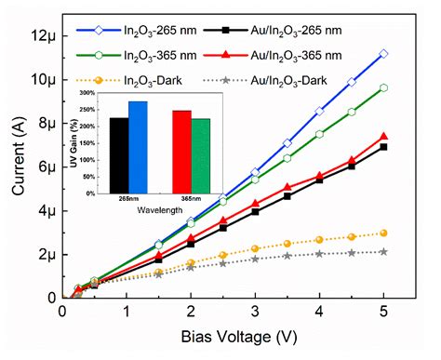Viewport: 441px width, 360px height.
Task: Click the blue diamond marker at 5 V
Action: [x=383, y=54]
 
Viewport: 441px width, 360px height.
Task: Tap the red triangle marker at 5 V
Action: [x=383, y=137]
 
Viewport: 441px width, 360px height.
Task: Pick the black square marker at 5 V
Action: [x=383, y=147]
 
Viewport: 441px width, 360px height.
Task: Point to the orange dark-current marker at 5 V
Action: [x=383, y=233]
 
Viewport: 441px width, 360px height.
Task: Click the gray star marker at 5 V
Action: [x=383, y=251]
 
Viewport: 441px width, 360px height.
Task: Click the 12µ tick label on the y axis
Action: [x=47, y=35]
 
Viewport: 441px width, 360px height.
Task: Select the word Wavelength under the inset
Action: [x=160, y=210]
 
